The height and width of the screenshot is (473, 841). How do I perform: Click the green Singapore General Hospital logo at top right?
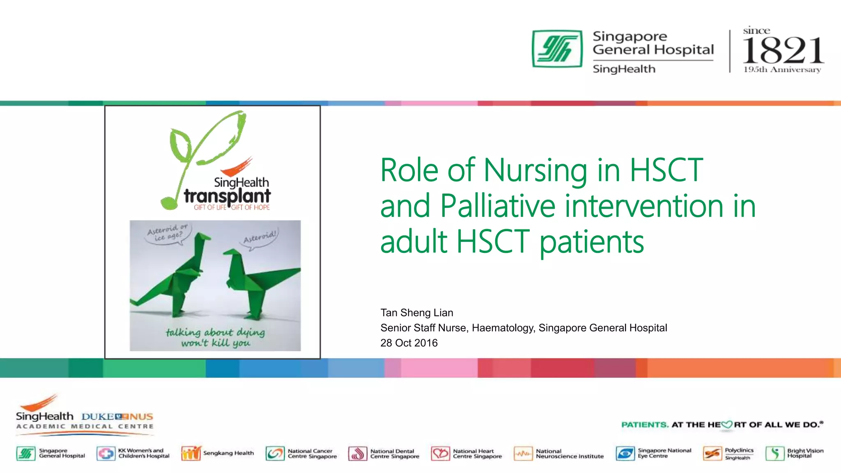click(x=557, y=48)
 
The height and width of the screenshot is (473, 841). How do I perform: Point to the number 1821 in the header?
click(x=783, y=50)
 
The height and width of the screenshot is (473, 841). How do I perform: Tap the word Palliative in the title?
click(x=497, y=206)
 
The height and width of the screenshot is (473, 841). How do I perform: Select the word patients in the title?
click(x=591, y=242)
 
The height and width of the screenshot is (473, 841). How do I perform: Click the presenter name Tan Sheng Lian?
click(x=416, y=313)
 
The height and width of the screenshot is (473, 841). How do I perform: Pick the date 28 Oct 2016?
click(x=409, y=343)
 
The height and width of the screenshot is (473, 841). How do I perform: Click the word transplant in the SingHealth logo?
click(x=227, y=196)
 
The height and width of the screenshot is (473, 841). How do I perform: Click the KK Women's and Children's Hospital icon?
click(x=106, y=453)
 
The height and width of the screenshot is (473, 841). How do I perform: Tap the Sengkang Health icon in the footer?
click(x=191, y=453)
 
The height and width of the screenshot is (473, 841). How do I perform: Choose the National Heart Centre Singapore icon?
click(x=440, y=454)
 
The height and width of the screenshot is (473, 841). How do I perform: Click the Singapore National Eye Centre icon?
click(x=625, y=454)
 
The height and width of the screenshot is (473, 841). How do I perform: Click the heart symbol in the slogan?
click(x=727, y=425)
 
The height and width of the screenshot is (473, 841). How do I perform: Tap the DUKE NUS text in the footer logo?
click(x=117, y=417)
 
